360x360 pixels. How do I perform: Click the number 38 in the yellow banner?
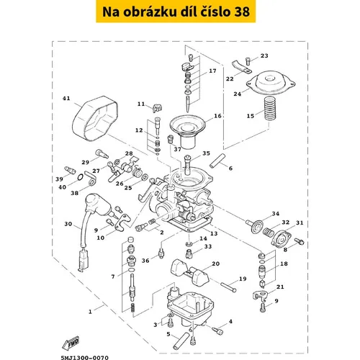click(242, 12)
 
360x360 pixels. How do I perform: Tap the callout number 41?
click(66, 98)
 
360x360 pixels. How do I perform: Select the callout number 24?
click(238, 94)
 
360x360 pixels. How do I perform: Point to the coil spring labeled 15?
click(270, 109)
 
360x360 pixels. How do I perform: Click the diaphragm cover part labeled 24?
click(271, 83)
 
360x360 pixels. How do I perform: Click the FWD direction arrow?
click(71, 343)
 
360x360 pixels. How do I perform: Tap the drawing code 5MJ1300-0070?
click(84, 358)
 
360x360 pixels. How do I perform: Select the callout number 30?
click(68, 224)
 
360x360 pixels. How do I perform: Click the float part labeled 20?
click(189, 271)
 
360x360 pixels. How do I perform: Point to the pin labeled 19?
click(228, 287)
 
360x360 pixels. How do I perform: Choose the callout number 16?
click(217, 116)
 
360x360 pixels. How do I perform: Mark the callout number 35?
click(206, 153)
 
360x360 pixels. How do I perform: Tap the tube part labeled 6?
click(217, 161)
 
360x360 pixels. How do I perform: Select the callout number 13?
click(214, 233)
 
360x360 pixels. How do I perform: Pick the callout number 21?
click(280, 287)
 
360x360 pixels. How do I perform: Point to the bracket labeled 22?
click(241, 67)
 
